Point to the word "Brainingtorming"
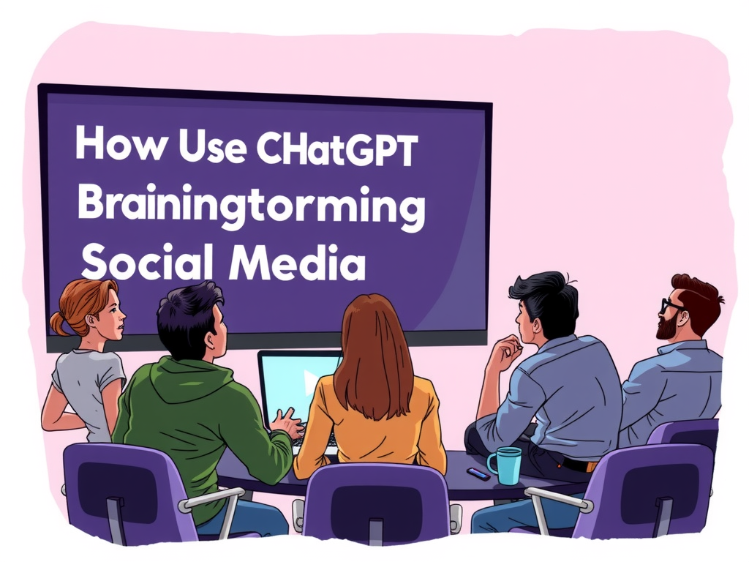tap(250, 206)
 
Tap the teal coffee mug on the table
tap(505, 465)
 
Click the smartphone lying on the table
tap(478, 473)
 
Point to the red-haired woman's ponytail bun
tap(56, 322)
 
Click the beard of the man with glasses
tap(666, 328)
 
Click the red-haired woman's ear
tap(93, 320)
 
